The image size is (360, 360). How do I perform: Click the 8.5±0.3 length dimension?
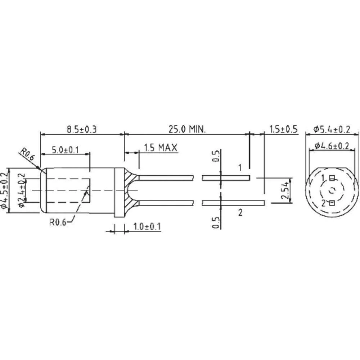coord(82,129)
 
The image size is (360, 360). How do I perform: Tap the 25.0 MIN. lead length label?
coord(187,129)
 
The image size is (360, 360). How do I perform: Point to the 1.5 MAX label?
coord(160,147)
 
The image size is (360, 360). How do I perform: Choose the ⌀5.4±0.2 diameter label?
coord(332,129)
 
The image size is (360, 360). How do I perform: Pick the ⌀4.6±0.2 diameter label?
coord(332,146)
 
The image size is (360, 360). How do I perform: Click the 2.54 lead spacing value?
coord(284,190)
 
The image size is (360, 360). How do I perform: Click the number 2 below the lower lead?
coord(240,212)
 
